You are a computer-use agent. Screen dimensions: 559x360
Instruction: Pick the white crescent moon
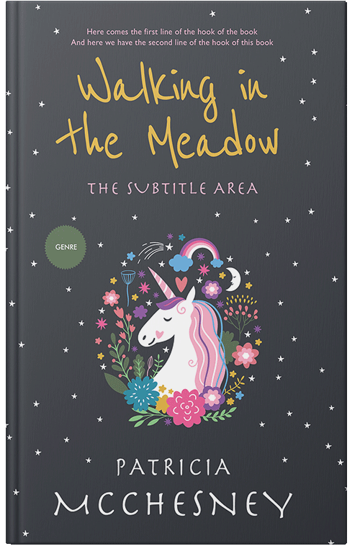[232, 277]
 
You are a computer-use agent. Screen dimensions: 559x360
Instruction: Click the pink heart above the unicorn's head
[181, 282]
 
